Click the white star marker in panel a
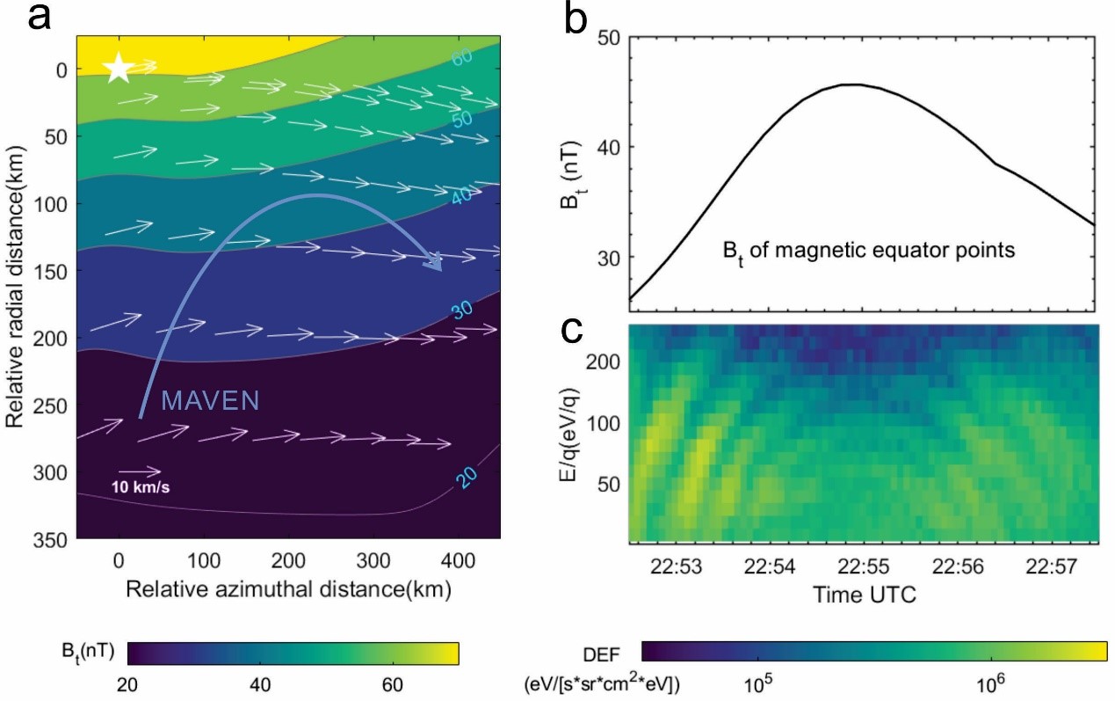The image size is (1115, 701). (119, 69)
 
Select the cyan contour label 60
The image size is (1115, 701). (463, 58)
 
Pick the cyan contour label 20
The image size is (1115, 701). (467, 477)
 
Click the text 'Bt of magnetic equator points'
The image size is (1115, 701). (869, 252)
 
